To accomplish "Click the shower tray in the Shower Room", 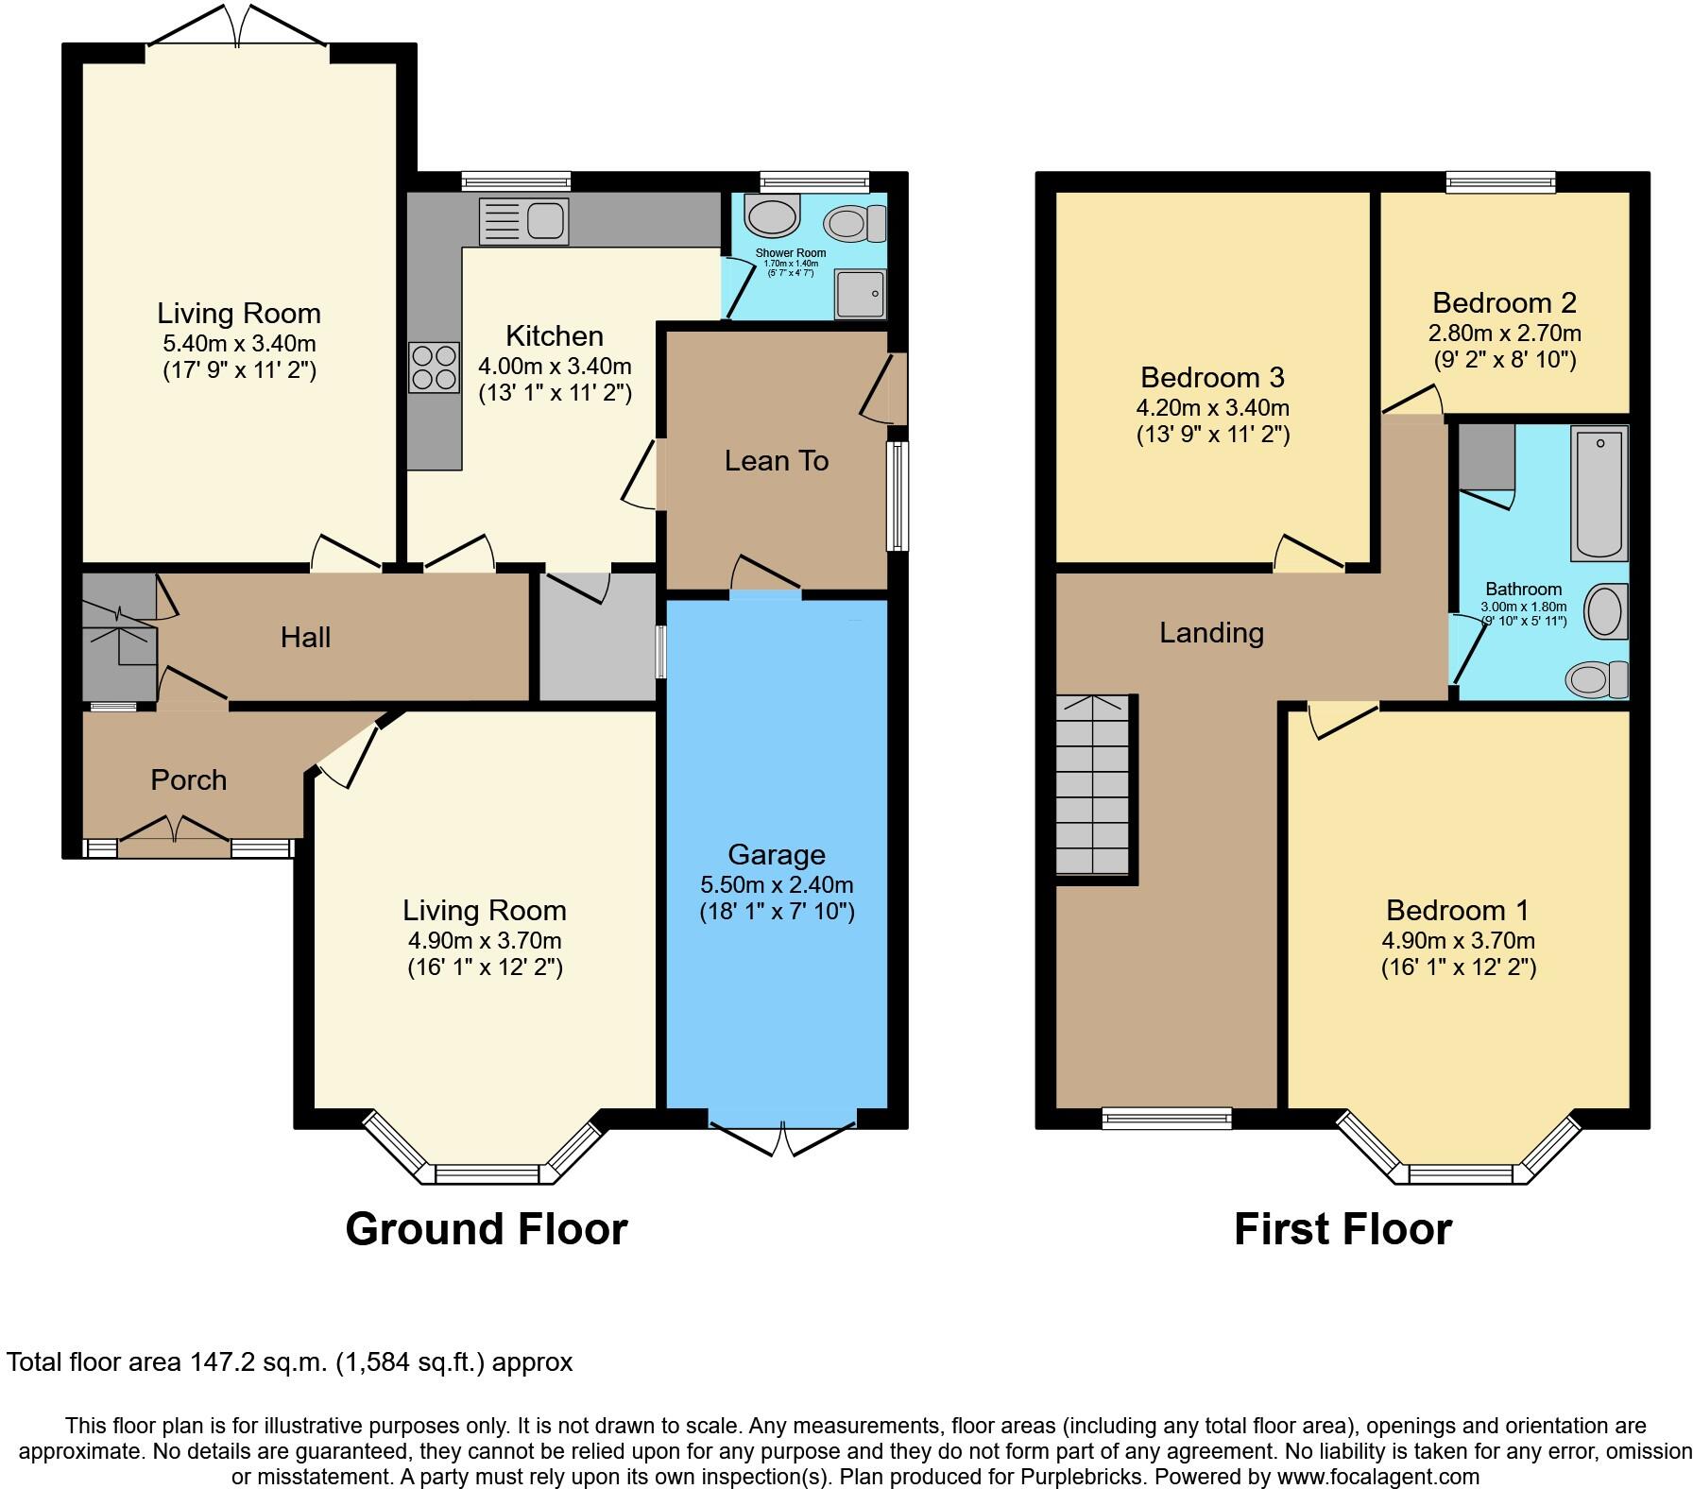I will pyautogui.click(x=861, y=294).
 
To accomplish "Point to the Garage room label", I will pyautogui.click(x=777, y=855).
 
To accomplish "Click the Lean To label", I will pyautogui.click(x=777, y=461).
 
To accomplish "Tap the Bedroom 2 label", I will pyautogui.click(x=1504, y=303).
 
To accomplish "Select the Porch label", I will pyautogui.click(x=189, y=780).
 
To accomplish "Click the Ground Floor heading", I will pyautogui.click(x=486, y=1229).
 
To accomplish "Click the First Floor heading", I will pyautogui.click(x=1342, y=1229).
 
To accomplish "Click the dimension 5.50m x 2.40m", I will pyautogui.click(x=777, y=885).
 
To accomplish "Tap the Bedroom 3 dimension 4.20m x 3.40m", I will pyautogui.click(x=1212, y=408).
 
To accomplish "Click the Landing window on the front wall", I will pyautogui.click(x=1167, y=1118).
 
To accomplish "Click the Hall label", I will pyautogui.click(x=305, y=638).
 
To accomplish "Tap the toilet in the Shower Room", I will pyautogui.click(x=855, y=224).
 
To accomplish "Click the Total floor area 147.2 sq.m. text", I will pyautogui.click(x=289, y=1362).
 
